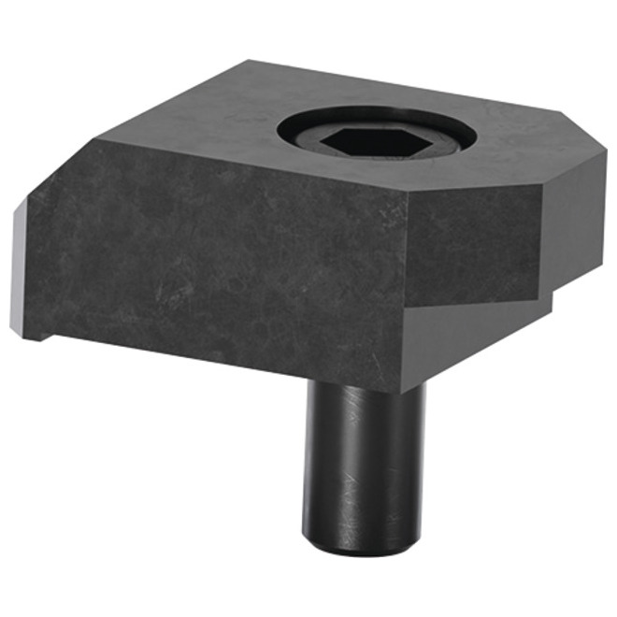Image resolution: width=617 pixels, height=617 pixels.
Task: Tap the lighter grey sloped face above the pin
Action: click(467, 337)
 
